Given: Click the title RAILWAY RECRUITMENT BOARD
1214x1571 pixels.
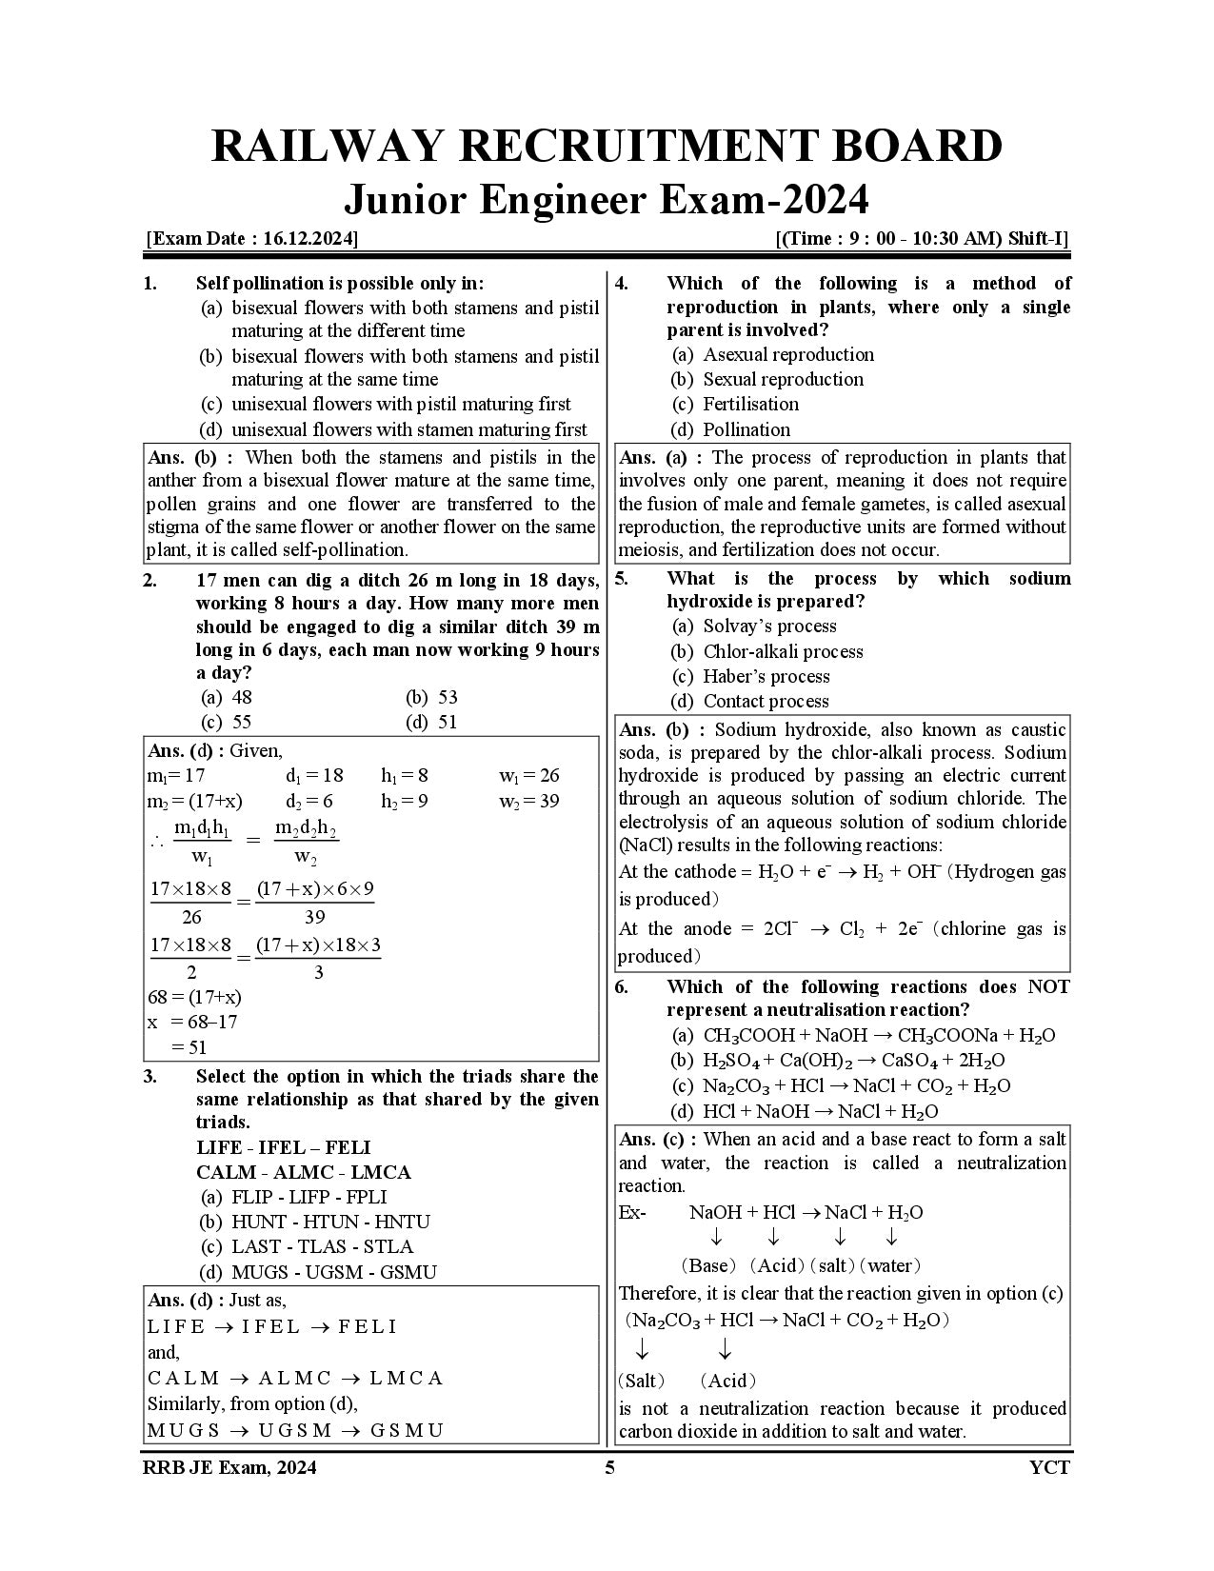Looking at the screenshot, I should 607,148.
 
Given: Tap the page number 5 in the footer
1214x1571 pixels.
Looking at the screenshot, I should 609,1467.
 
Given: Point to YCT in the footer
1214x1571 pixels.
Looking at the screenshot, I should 1048,1467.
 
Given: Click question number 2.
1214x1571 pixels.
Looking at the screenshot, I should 150,580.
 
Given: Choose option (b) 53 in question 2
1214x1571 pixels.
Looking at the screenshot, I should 432,697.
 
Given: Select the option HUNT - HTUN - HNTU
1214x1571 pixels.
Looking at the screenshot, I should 329,1222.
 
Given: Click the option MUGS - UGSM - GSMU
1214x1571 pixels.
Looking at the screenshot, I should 333,1272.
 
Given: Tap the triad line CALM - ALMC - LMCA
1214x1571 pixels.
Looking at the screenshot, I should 303,1172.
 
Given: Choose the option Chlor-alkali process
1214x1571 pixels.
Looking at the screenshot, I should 782,651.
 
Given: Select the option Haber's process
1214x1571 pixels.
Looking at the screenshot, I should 766,676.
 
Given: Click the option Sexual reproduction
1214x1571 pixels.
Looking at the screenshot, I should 783,379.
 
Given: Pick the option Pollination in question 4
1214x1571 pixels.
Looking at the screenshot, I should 746,429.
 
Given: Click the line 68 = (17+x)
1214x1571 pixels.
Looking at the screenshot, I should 195,997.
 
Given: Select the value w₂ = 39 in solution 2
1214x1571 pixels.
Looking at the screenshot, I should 529,801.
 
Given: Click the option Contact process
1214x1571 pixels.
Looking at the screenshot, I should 765,702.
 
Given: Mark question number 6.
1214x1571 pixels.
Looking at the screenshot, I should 621,986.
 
